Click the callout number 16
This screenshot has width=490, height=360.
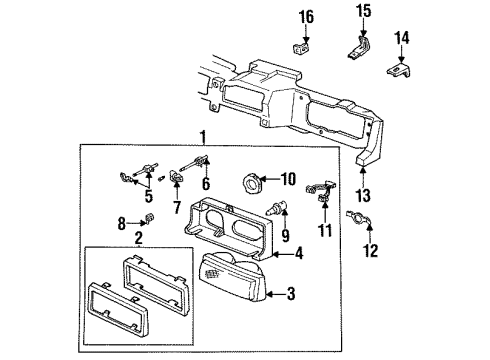point(306,16)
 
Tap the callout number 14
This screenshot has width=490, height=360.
point(403,38)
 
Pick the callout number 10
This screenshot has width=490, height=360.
point(288,180)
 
